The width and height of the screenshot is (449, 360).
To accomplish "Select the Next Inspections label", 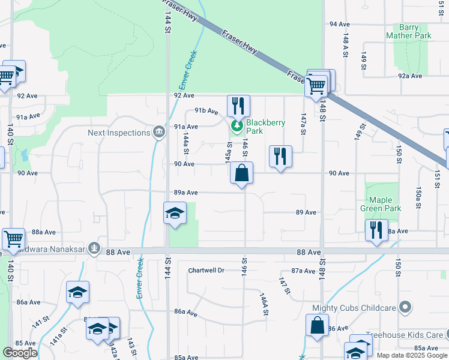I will coord(119,133).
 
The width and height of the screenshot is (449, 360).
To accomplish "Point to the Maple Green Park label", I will coord(381,204).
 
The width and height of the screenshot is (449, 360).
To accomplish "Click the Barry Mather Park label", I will coord(415,32).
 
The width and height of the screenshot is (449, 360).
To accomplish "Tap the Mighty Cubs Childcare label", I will coord(354,308).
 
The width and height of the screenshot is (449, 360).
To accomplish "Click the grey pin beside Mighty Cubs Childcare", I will coord(405,308).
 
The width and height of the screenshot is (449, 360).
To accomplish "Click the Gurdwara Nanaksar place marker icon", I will coord(93,247).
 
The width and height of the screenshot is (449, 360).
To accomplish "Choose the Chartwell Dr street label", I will coord(206,271).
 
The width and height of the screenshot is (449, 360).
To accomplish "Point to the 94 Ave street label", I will coord(339,24).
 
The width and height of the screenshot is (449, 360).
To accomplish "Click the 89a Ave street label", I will coord(185,193).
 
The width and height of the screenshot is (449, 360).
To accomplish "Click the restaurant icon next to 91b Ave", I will coord(238,106).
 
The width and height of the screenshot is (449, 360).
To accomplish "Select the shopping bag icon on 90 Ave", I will coord(241,173).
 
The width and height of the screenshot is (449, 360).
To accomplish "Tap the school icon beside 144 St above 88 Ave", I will coord(175,214).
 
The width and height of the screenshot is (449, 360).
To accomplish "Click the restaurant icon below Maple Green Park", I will coord(376,230).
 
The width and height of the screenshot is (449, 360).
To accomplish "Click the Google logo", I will coord(20,353).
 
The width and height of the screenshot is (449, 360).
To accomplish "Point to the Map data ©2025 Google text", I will coord(411,355).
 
